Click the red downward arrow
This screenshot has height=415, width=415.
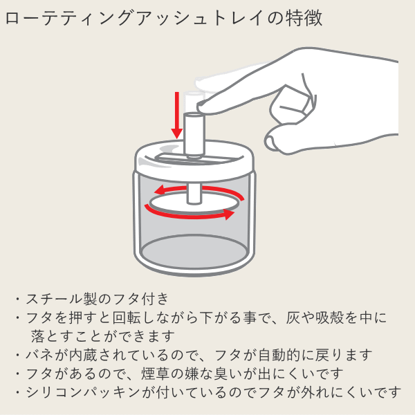point(177,115)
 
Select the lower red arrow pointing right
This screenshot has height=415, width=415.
point(190,214)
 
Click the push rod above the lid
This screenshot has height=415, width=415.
point(194,133)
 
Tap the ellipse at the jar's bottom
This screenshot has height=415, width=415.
point(194,250)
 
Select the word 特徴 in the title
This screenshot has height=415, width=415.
point(304,18)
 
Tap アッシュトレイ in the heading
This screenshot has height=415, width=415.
point(201,18)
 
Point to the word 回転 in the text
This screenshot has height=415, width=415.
point(126,317)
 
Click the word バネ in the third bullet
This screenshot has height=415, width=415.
point(39,355)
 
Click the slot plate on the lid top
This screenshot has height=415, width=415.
point(196,159)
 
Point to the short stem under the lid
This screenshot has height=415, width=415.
point(194,194)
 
